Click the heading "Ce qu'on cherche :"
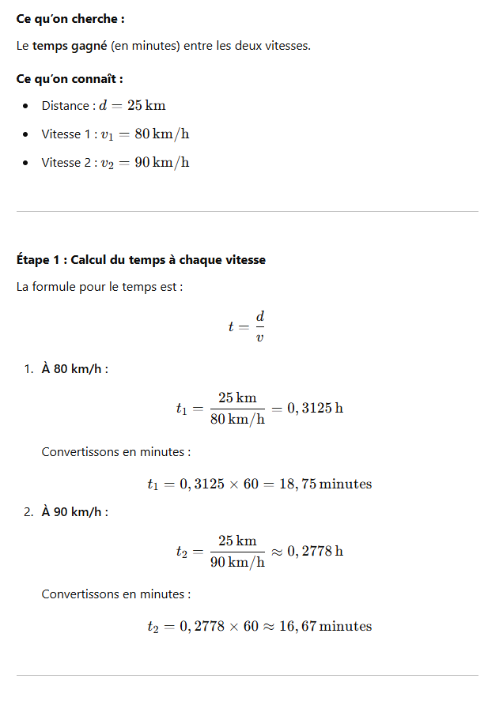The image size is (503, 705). [70, 17]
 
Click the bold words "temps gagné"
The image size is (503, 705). [70, 46]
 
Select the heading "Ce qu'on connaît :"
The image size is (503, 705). [70, 79]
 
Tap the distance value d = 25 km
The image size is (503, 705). [132, 106]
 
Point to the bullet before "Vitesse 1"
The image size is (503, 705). [26, 134]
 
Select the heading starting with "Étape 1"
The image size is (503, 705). [141, 259]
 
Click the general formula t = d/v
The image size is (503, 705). [247, 326]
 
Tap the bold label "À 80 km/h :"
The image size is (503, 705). [74, 369]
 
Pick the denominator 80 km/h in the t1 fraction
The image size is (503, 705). [237, 420]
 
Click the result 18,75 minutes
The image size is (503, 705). [325, 484]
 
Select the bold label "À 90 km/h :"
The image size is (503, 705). [74, 511]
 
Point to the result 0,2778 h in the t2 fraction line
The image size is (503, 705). [315, 551]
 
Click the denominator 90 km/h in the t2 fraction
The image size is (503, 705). [237, 562]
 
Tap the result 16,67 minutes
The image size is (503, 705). [325, 626]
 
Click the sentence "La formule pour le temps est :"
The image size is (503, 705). [100, 286]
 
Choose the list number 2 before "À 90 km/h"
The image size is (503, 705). [28, 511]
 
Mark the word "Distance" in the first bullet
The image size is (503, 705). [66, 106]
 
